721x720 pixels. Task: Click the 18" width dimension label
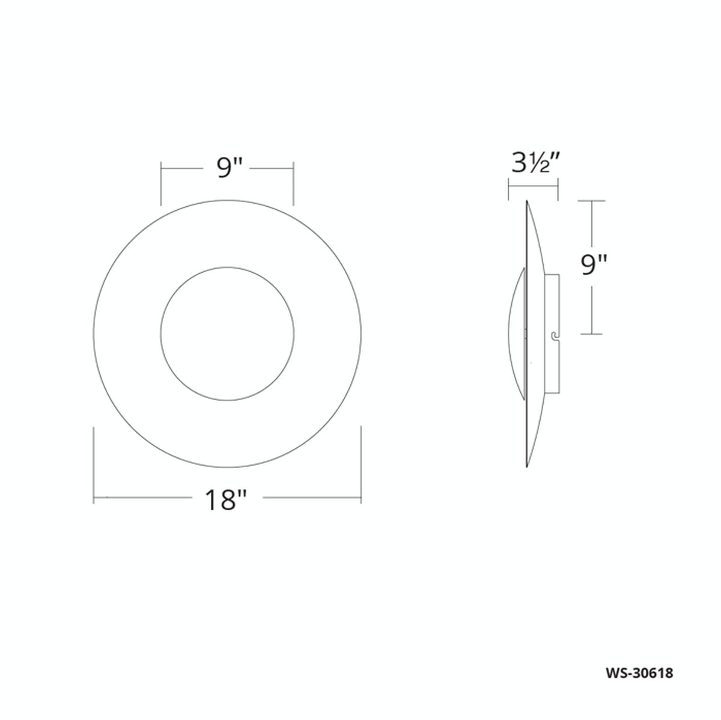click(x=226, y=499)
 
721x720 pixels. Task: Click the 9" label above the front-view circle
click(x=228, y=169)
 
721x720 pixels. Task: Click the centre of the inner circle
click(x=227, y=333)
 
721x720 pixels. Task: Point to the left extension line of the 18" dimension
click(x=94, y=463)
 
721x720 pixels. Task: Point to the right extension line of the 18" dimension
click(x=360, y=463)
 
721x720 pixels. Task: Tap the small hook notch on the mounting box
click(x=554, y=335)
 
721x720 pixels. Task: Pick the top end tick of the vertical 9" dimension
click(x=592, y=201)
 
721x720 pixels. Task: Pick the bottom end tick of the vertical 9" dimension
click(x=592, y=334)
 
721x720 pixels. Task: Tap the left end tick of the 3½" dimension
click(x=509, y=192)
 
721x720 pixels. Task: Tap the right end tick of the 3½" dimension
click(x=558, y=192)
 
